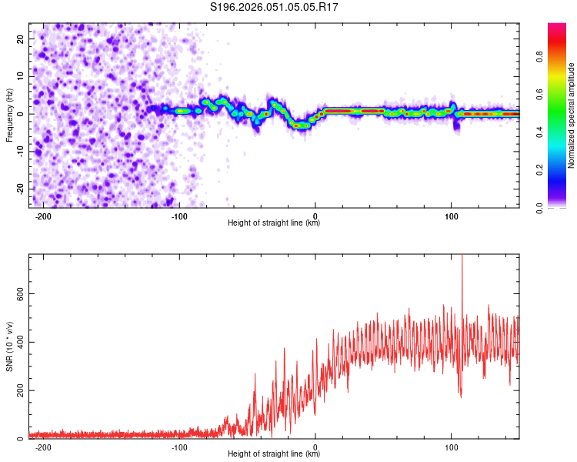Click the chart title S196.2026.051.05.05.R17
coord(275,7)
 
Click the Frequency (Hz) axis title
coord(9,113)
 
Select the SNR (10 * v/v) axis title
coord(9,346)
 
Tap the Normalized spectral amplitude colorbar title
coord(572,115)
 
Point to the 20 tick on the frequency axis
coord(21,38)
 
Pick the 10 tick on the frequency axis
coord(21,76)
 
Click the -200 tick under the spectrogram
coord(43,216)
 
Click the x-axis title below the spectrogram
coord(274,223)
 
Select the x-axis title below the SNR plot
coord(274,454)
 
